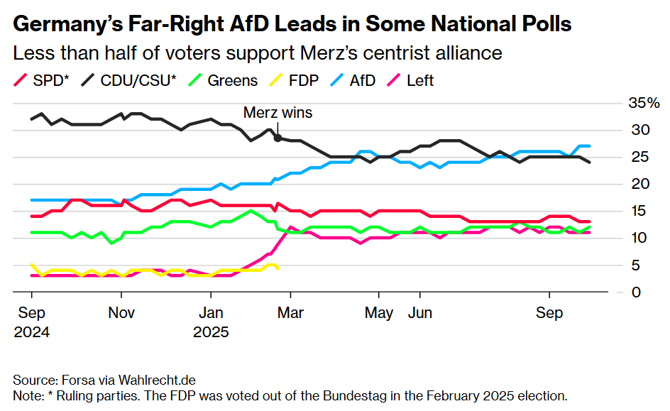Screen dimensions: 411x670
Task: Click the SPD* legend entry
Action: point(42,80)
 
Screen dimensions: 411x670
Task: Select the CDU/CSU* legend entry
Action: point(131,80)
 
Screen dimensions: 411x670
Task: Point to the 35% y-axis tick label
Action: point(644,104)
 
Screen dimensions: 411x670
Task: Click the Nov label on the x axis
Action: point(121,313)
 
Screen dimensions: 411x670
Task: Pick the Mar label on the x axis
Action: point(290,313)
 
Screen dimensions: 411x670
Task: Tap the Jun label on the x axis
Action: point(420,313)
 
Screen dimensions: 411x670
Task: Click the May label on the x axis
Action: point(378,313)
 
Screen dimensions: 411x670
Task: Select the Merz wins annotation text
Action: point(278,112)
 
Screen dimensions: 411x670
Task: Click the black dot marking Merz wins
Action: point(278,138)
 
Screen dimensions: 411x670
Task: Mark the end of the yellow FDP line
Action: point(278,268)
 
